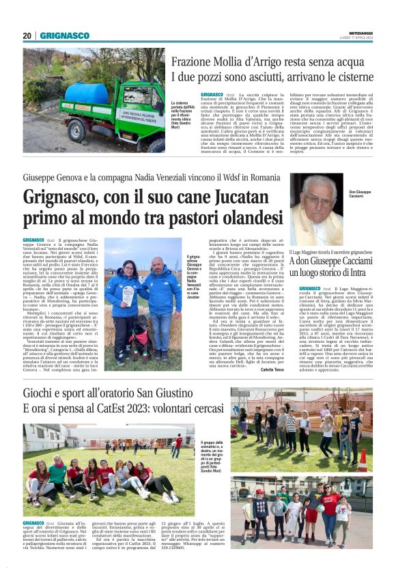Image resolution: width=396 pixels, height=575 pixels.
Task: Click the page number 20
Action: pos(27,36)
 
